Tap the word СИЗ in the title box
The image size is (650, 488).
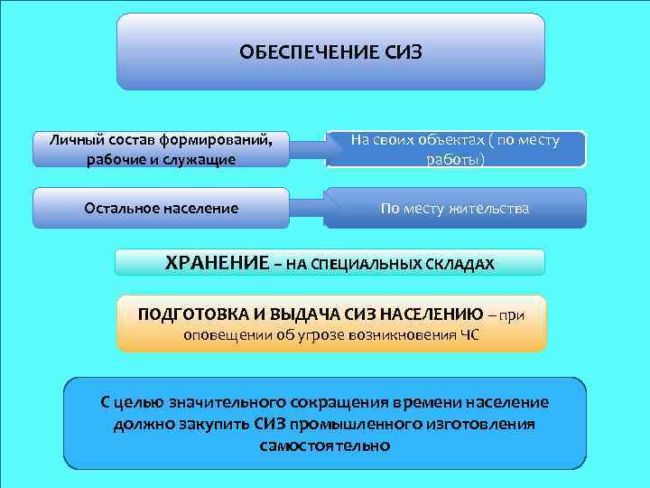402,52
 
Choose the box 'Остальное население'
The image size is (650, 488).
162,209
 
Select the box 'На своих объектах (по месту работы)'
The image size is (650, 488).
455,150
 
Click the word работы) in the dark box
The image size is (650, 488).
455,160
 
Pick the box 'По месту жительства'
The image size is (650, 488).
455,209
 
